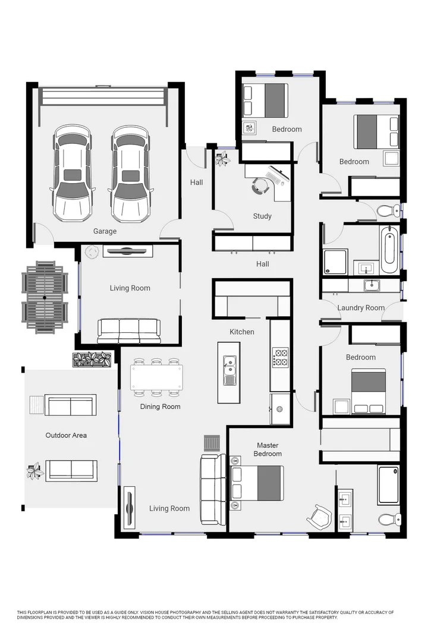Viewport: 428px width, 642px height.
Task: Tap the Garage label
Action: (x=105, y=231)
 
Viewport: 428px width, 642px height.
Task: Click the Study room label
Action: (x=262, y=216)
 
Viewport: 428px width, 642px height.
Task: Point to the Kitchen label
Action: (x=242, y=332)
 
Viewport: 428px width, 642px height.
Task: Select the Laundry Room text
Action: (x=361, y=308)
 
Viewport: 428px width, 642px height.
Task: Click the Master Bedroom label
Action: (x=267, y=449)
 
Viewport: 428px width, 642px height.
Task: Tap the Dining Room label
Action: (x=160, y=407)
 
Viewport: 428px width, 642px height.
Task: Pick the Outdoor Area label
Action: (x=66, y=435)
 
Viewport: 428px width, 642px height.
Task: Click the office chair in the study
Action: (x=260, y=186)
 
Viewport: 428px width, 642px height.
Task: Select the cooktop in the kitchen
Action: (x=280, y=358)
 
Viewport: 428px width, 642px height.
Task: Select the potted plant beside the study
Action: (x=223, y=159)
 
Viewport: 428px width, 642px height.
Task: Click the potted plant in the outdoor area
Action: (x=34, y=471)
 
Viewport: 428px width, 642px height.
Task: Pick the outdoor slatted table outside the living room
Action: (x=43, y=296)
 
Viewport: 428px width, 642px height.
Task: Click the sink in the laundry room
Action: (x=372, y=285)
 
